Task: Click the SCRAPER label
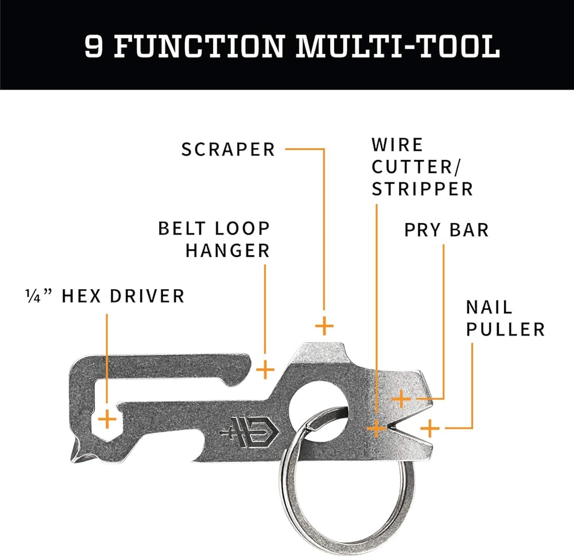point(228,150)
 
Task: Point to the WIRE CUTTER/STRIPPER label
point(422,167)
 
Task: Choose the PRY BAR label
point(446,230)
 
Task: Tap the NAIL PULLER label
point(505,318)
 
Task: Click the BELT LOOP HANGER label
point(214,239)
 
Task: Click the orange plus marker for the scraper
point(324,326)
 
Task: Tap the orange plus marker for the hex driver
point(107,420)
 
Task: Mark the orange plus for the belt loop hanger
point(265,369)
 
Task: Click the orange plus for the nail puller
point(429,428)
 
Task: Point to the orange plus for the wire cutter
point(377,428)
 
